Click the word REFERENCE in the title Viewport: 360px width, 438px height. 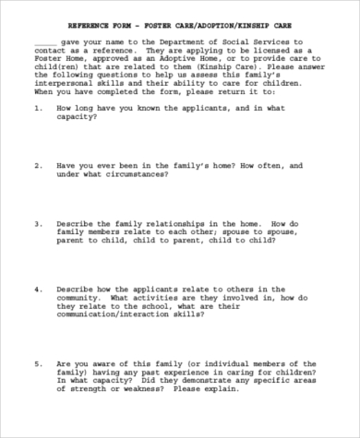(x=95, y=28)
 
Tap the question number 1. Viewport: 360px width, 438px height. (x=36, y=108)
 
